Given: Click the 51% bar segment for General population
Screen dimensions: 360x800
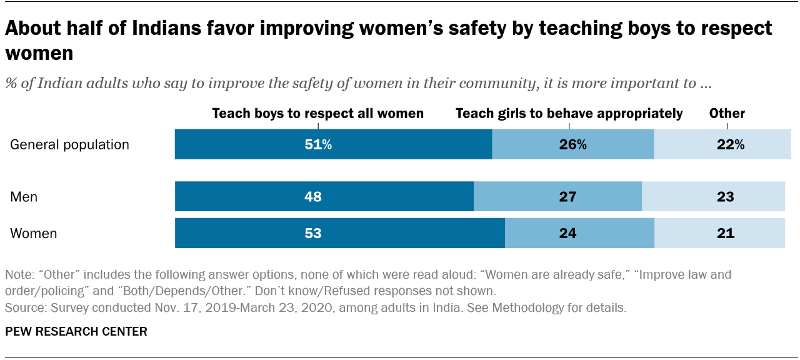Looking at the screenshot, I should click(333, 144).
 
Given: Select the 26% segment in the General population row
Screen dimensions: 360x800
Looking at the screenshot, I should click(573, 144).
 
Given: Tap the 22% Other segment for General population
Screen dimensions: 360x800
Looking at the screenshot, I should click(722, 144).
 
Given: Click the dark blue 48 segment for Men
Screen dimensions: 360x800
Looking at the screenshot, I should click(324, 197).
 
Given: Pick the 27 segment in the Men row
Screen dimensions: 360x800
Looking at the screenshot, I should click(557, 197).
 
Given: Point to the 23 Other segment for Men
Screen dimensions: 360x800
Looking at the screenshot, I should click(713, 197).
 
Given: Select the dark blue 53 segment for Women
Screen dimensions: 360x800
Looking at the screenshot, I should click(339, 234).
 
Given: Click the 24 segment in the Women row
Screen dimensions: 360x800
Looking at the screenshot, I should click(579, 234).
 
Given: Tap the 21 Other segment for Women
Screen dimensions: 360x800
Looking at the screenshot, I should click(719, 234).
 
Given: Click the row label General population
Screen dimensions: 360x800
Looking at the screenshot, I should click(70, 145).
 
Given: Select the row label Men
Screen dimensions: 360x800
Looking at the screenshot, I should click(24, 197).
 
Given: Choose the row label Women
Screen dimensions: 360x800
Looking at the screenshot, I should click(34, 234).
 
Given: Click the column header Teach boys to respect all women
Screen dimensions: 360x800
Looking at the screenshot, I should click(318, 114).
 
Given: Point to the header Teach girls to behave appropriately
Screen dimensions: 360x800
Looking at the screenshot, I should click(569, 114).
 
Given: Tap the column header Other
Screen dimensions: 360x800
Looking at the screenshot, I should click(727, 114).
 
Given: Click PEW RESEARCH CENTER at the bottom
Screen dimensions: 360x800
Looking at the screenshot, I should click(76, 332).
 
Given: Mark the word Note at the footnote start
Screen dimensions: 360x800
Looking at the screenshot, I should click(18, 275).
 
